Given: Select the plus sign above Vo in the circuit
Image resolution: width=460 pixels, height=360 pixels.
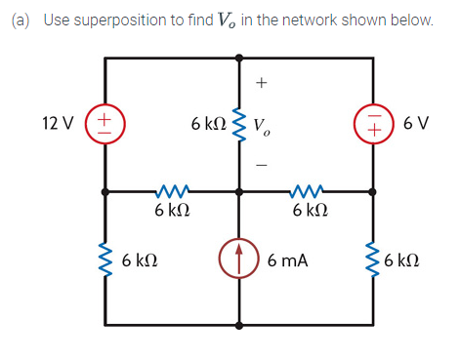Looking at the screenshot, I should [261, 84].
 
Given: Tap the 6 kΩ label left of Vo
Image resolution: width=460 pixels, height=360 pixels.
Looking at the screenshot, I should [208, 124].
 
